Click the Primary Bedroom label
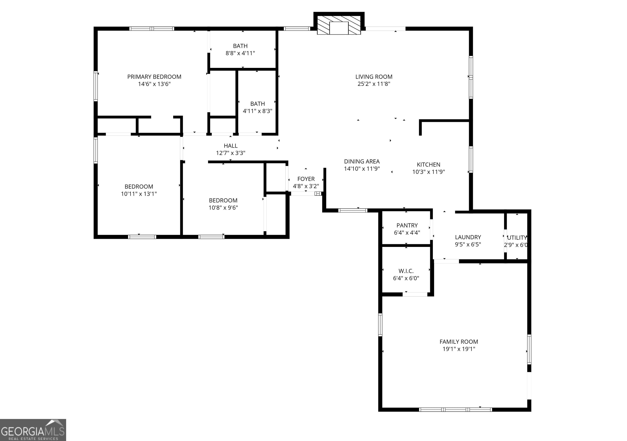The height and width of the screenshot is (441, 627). pyautogui.click(x=154, y=77)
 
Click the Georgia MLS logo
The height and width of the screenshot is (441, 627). pyautogui.click(x=33, y=430)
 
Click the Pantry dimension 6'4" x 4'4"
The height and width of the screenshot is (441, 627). pyautogui.click(x=407, y=233)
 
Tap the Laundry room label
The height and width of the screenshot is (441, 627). pyautogui.click(x=468, y=237)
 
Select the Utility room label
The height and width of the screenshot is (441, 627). pyautogui.click(x=517, y=238)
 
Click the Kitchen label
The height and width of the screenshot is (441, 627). pyautogui.click(x=428, y=165)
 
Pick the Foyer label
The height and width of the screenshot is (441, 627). pyautogui.click(x=306, y=179)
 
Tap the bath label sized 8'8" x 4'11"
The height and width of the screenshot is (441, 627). pyautogui.click(x=240, y=46)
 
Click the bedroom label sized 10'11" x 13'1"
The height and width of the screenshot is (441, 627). pyautogui.click(x=139, y=187)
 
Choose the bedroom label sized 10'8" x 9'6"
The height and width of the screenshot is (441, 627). pyautogui.click(x=223, y=200)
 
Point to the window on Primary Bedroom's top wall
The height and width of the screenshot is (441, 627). pyautogui.click(x=152, y=29)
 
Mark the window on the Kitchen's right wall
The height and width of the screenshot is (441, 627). pyautogui.click(x=471, y=160)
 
